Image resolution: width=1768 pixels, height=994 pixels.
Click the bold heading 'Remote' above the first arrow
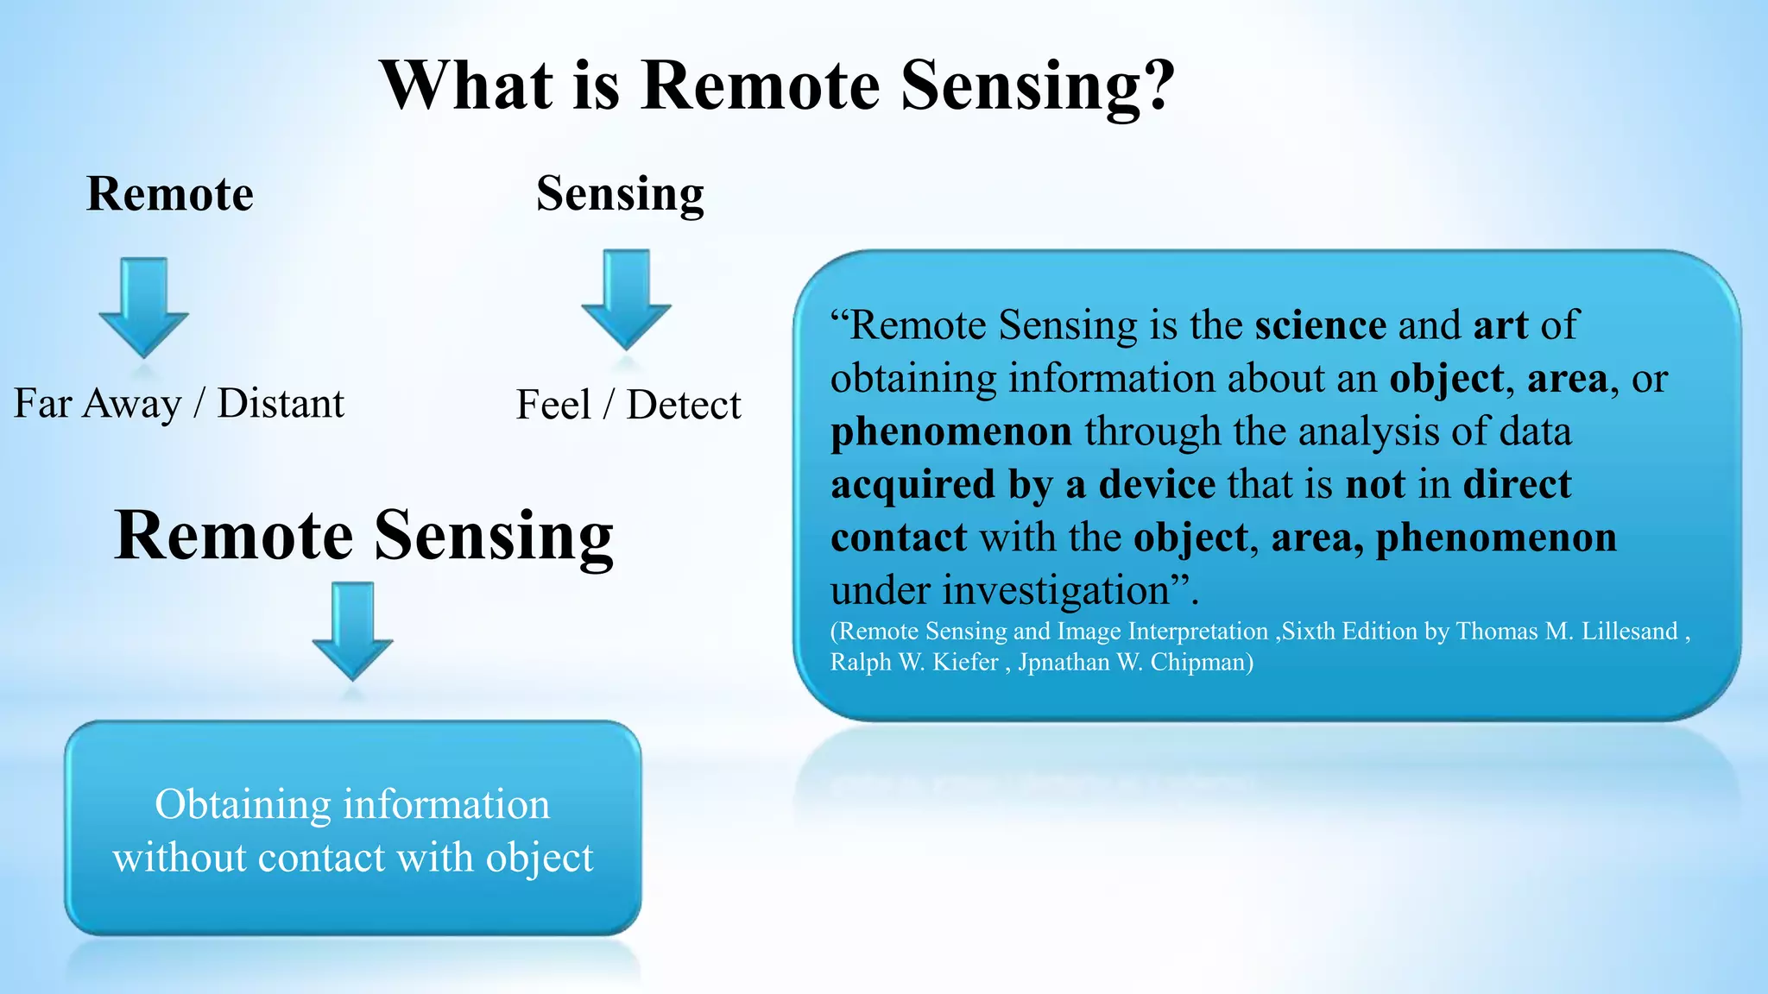[x=170, y=193]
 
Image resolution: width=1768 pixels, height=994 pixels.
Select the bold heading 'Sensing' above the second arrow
[x=620, y=193]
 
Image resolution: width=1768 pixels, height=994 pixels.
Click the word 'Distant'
[x=281, y=403]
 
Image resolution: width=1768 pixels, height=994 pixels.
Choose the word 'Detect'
[x=684, y=405]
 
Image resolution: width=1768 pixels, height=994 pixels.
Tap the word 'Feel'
[x=553, y=405]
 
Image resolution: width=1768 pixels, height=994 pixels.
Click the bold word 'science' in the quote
[x=1320, y=325]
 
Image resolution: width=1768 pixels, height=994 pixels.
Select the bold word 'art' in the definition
[x=1500, y=325]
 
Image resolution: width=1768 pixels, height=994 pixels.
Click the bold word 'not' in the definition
[x=1375, y=484]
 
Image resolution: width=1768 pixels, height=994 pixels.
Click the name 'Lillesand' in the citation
[x=1629, y=631]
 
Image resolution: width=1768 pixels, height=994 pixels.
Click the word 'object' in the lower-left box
[x=540, y=858]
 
